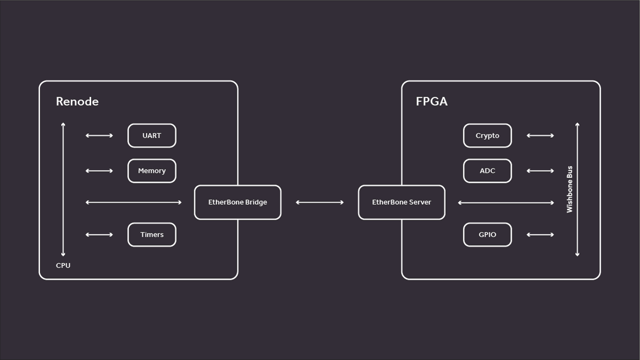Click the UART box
coord(151,135)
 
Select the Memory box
coord(151,171)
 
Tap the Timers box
coord(151,235)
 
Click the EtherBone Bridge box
coord(237,202)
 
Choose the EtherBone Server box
coord(401,202)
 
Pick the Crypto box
coord(487,135)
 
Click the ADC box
coord(487,171)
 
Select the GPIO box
coord(487,235)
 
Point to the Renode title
coord(77,101)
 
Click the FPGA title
coord(431,101)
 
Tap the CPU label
coord(63,265)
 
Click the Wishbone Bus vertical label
coord(570,189)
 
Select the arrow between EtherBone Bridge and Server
coord(319,202)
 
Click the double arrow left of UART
coord(99,135)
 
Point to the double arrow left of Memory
coord(99,171)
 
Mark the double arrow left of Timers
coord(99,235)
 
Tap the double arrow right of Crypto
coord(540,135)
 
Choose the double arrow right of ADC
coord(540,171)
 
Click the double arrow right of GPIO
coord(540,235)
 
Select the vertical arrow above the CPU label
coord(63,189)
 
